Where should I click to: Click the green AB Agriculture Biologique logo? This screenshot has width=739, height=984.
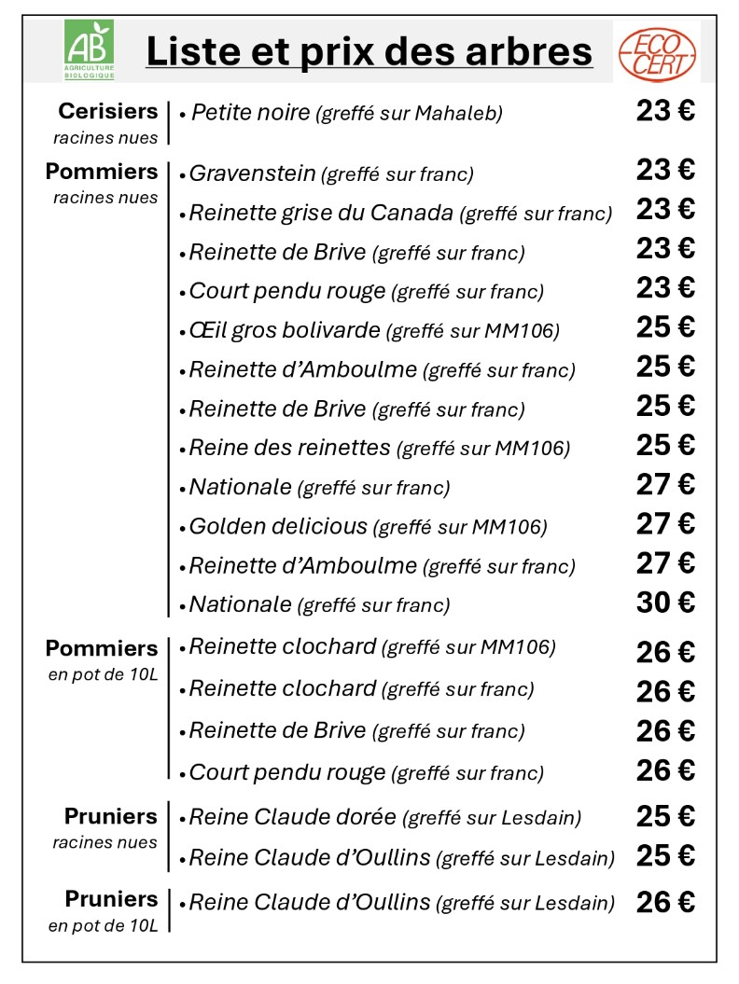tap(89, 49)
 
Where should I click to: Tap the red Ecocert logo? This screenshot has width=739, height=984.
tap(658, 52)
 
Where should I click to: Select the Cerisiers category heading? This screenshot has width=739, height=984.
tap(108, 112)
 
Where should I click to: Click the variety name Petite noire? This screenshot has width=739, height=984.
tap(250, 113)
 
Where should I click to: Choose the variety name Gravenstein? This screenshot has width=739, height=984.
tap(252, 173)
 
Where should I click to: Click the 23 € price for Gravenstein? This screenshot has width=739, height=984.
tap(665, 170)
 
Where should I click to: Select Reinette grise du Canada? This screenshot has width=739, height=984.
tap(321, 213)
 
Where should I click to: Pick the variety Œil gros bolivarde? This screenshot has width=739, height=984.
tap(285, 330)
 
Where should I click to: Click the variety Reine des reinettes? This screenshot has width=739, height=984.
tap(289, 448)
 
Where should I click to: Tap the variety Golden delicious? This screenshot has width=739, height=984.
tap(278, 526)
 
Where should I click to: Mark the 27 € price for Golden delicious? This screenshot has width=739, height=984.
tap(665, 523)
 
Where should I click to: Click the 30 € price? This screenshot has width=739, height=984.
tap(665, 603)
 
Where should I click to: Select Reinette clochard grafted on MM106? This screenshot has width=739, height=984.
tap(282, 646)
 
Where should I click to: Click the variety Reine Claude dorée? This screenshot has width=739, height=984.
tap(292, 817)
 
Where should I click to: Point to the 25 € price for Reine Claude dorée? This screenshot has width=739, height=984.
tap(665, 816)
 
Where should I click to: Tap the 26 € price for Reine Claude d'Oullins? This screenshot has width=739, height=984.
tap(665, 903)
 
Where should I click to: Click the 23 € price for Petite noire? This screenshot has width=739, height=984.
tap(665, 111)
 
